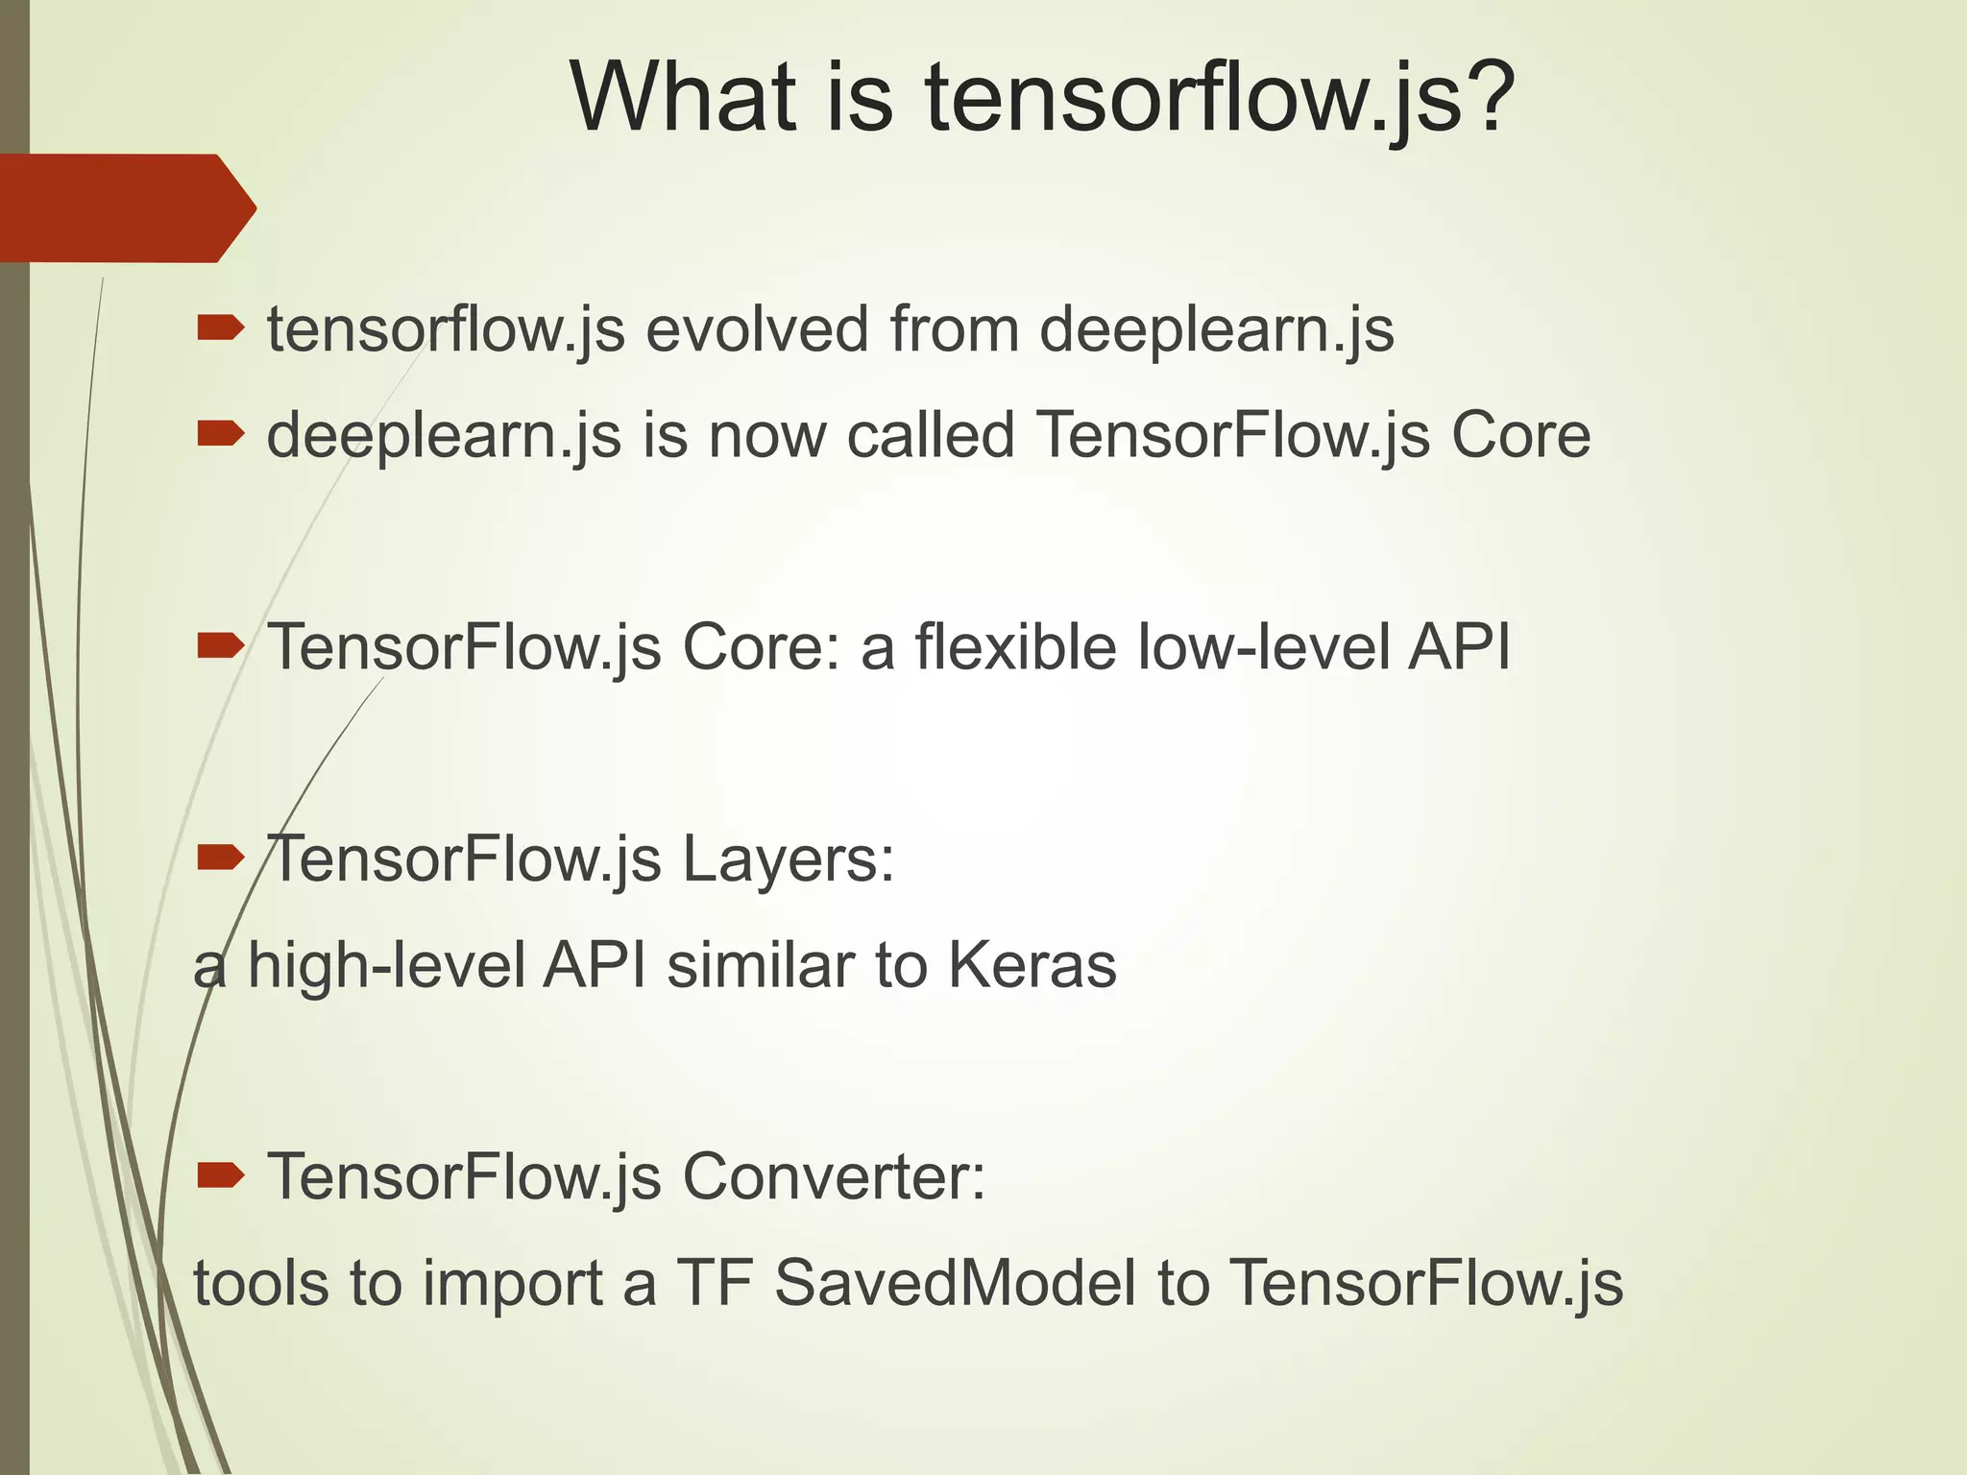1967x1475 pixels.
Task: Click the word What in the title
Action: [x=683, y=98]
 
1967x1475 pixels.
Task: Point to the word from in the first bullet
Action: [x=955, y=329]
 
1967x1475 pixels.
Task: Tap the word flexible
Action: [x=1015, y=646]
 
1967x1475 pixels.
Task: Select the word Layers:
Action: [x=789, y=859]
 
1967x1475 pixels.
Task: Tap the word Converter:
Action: [x=834, y=1176]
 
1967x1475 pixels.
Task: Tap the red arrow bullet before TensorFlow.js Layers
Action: [x=221, y=857]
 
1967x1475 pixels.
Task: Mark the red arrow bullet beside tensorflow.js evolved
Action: [x=221, y=329]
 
